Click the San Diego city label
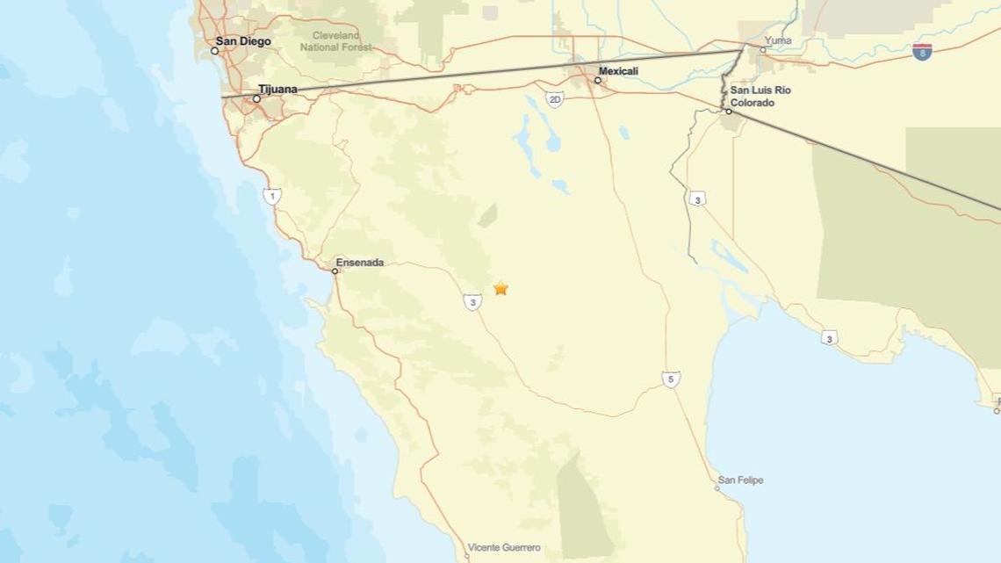(x=243, y=41)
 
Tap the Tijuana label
(x=277, y=89)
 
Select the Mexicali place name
(x=618, y=70)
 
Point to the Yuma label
(x=777, y=40)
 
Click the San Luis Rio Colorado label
(x=760, y=96)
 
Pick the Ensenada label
(x=359, y=262)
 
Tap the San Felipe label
(x=740, y=480)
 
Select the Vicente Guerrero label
(x=504, y=547)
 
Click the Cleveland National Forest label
(x=336, y=41)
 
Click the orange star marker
(x=500, y=288)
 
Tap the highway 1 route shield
(x=272, y=196)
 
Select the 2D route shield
(x=554, y=99)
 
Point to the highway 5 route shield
(x=671, y=379)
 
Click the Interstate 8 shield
(x=921, y=51)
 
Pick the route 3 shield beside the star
(x=472, y=302)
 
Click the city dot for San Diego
(x=214, y=51)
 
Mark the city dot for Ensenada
(x=335, y=271)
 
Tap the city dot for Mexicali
(x=598, y=80)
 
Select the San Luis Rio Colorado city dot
(x=728, y=112)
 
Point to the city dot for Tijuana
(x=256, y=98)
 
